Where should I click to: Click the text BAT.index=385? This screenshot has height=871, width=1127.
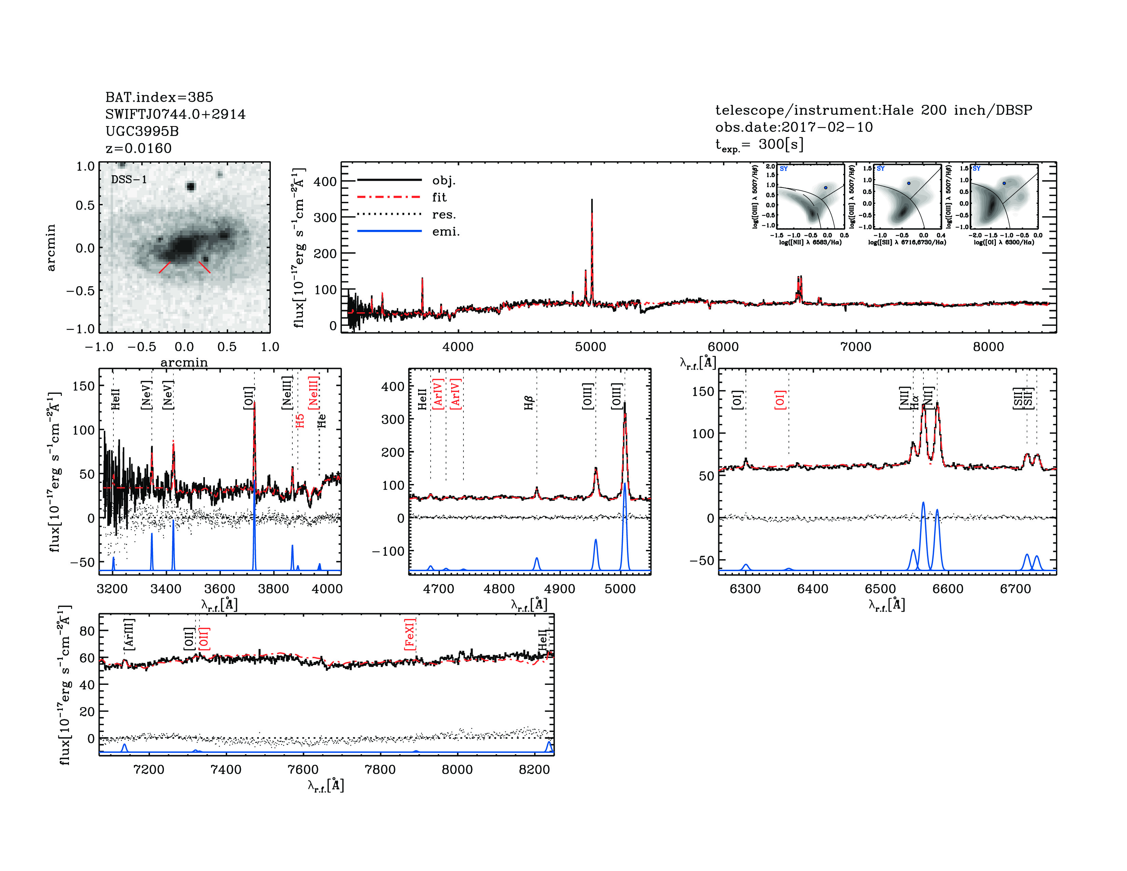159,97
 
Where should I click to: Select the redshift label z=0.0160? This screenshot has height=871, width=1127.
138,148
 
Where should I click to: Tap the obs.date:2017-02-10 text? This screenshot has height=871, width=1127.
794,127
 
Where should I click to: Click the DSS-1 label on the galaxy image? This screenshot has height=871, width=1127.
129,180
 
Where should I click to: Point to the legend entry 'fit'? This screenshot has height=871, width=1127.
439,197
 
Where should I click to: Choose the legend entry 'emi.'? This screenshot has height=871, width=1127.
445,232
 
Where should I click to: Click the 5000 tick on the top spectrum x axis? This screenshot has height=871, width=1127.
590,347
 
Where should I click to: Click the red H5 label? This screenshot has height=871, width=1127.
300,420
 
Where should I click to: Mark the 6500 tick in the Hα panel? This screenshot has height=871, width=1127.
880,589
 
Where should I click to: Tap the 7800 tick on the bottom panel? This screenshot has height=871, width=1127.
380,769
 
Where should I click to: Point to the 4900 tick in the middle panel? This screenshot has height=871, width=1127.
559,589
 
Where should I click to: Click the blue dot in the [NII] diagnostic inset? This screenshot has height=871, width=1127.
826,188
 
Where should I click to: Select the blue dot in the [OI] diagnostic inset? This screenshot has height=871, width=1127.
1004,183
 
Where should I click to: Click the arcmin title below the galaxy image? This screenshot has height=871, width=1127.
184,362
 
